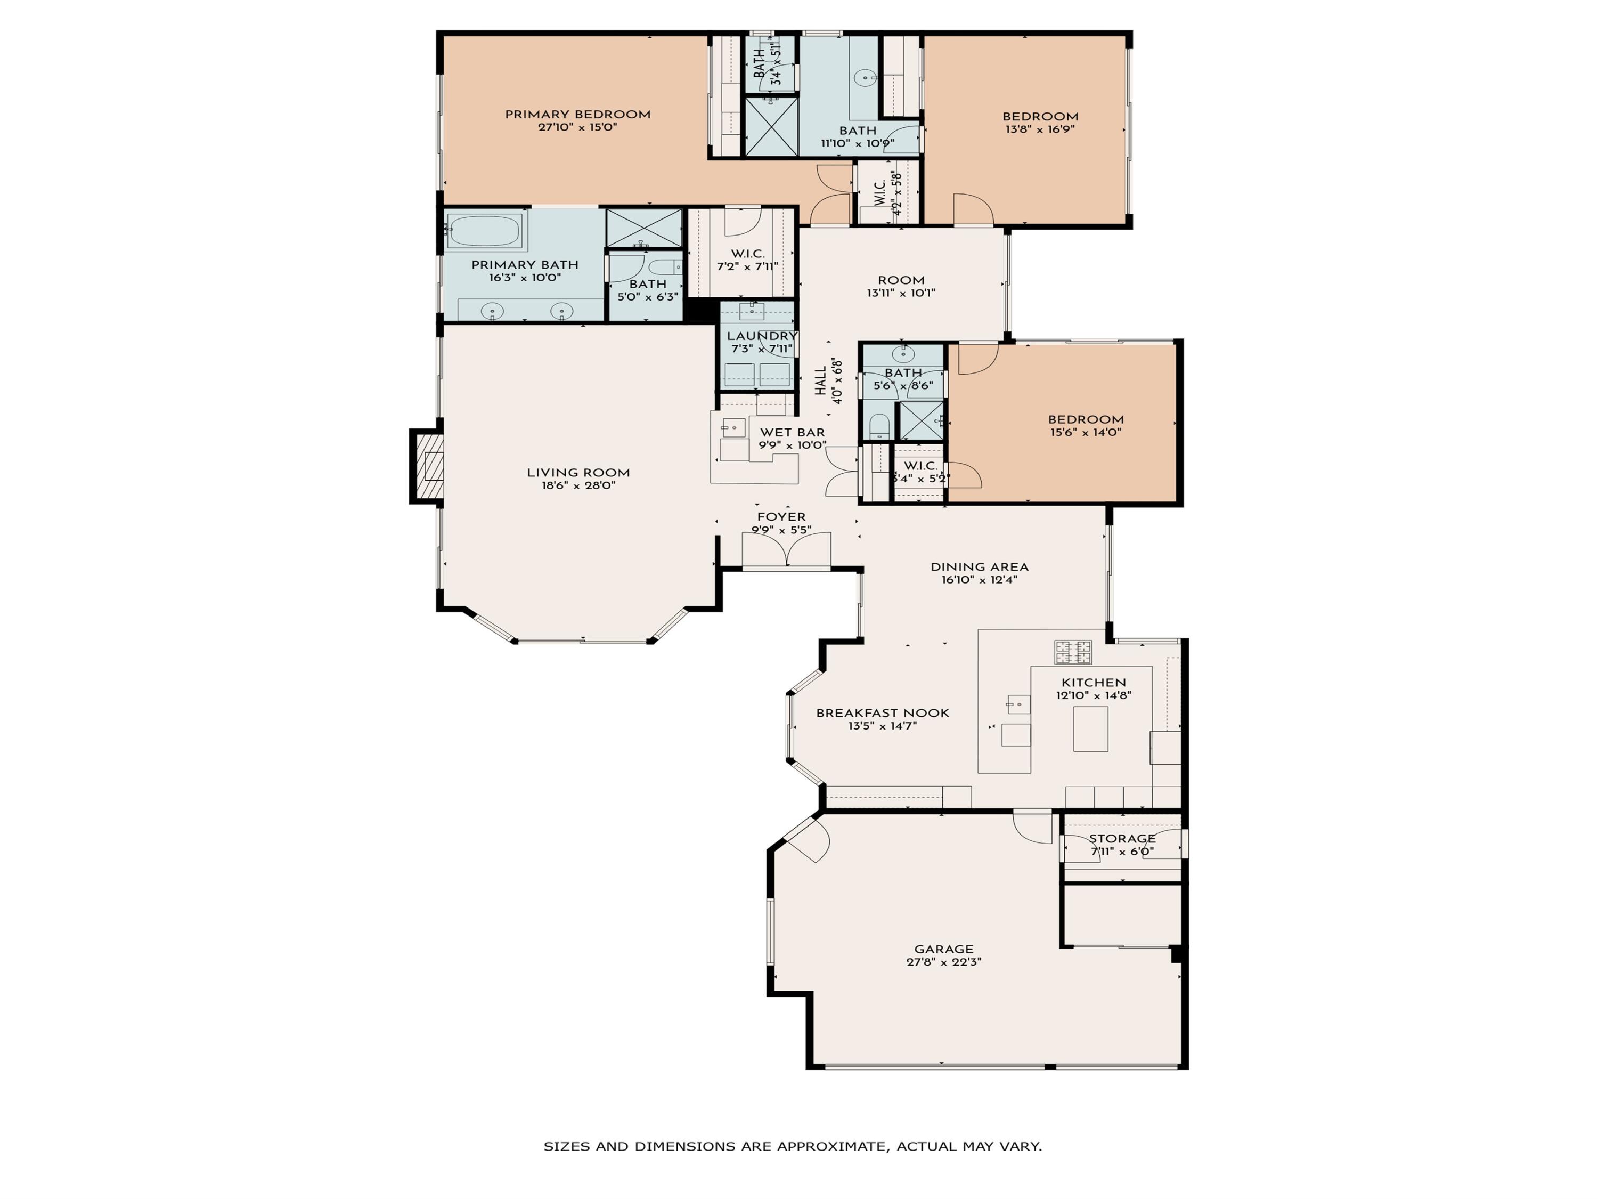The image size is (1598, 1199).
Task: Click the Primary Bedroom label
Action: point(577,114)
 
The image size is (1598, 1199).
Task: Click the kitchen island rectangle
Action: point(1090,728)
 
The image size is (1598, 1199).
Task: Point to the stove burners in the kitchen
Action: point(1073,652)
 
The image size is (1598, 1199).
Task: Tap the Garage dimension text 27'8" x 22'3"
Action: point(943,962)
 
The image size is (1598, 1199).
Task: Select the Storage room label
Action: point(1122,838)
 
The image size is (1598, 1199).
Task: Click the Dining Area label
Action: point(979,566)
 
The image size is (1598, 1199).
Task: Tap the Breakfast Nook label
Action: point(882,712)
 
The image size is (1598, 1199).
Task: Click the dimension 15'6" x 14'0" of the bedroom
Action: point(1086,432)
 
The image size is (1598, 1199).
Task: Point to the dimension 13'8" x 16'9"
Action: point(1040,129)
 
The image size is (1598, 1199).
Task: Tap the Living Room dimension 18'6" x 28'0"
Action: point(578,485)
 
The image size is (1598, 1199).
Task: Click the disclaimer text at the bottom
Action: point(793,1146)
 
